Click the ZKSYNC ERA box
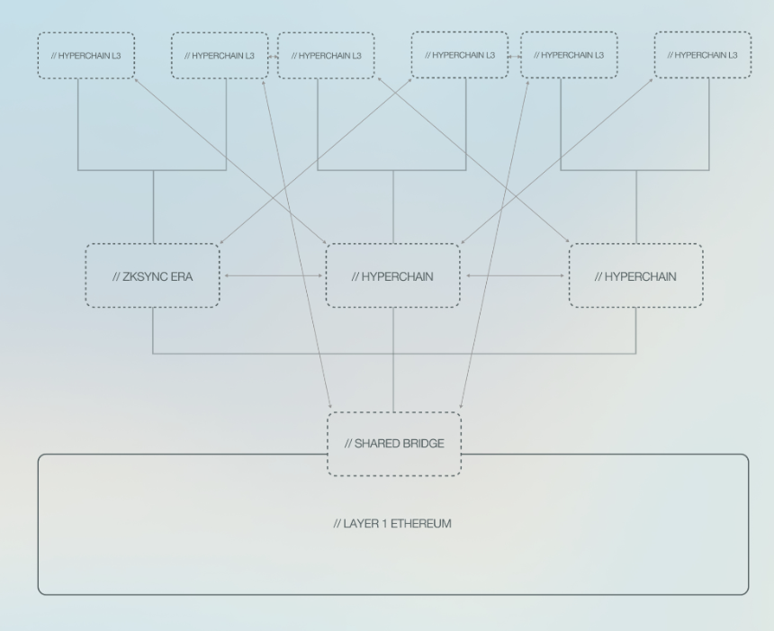click(x=152, y=275)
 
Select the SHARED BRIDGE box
click(x=394, y=444)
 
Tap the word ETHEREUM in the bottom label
click(x=421, y=523)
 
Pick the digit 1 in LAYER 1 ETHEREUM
click(x=384, y=523)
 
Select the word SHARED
click(x=374, y=444)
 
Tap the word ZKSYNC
click(x=144, y=276)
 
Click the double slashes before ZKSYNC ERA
click(x=116, y=276)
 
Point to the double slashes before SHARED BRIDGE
click(x=348, y=444)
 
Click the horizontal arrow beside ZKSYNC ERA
click(x=274, y=275)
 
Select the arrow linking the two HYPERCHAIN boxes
click(x=515, y=275)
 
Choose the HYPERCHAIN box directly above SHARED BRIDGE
click(x=393, y=275)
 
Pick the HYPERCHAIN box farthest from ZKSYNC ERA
click(x=635, y=275)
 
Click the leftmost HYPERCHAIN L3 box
click(x=85, y=55)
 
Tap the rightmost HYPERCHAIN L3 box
click(x=703, y=55)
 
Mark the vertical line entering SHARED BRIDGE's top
click(x=393, y=359)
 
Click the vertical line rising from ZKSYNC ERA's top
click(x=154, y=207)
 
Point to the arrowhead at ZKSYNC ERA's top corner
click(x=221, y=242)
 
